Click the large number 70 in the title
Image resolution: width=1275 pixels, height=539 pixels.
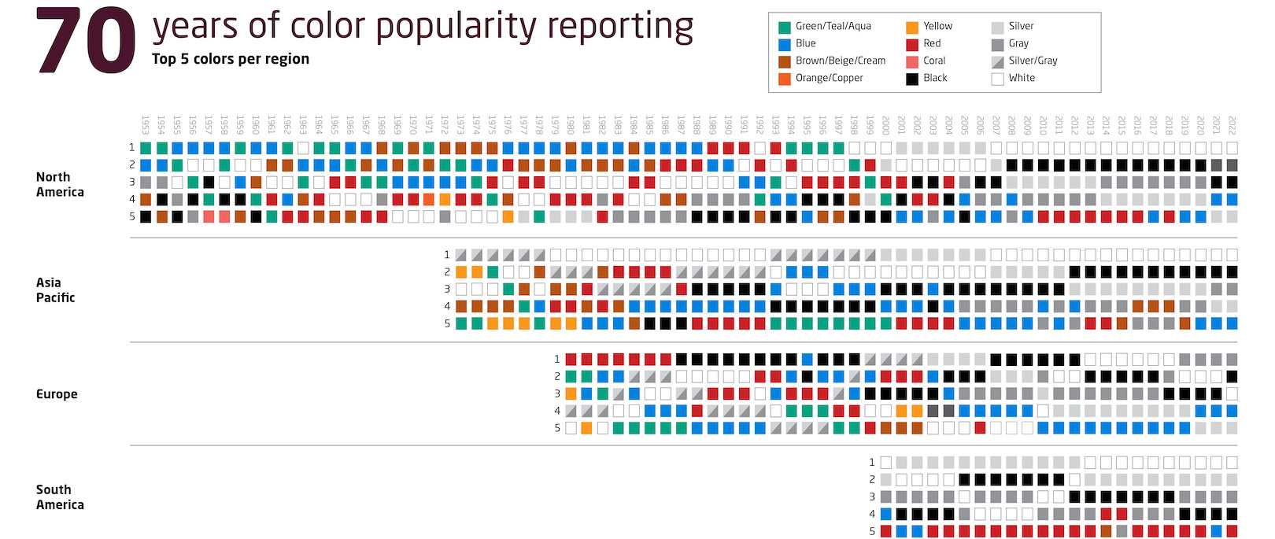pyautogui.click(x=85, y=42)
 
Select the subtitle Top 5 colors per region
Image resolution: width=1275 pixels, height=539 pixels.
pyautogui.click(x=230, y=59)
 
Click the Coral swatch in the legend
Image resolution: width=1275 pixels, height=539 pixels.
pyautogui.click(x=912, y=61)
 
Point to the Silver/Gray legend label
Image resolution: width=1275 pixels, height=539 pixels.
pyautogui.click(x=1033, y=61)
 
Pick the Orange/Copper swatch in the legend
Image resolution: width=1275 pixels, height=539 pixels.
pyautogui.click(x=784, y=79)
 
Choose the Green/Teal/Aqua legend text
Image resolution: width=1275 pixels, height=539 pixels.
pyautogui.click(x=833, y=26)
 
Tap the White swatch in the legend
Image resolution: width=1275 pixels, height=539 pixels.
pyautogui.click(x=997, y=79)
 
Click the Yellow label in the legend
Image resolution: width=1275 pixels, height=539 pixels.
pyautogui.click(x=937, y=26)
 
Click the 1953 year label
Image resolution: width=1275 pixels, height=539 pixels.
pyautogui.click(x=146, y=125)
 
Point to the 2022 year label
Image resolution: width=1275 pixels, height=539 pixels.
pyautogui.click(x=1232, y=125)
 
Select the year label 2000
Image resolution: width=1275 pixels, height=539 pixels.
pyautogui.click(x=885, y=125)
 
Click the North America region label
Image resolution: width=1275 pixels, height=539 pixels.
pyautogui.click(x=60, y=184)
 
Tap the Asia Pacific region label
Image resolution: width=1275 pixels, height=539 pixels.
pyautogui.click(x=55, y=290)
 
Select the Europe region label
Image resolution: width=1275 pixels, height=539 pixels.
pyautogui.click(x=57, y=394)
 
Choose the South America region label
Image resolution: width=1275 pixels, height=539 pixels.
pyautogui.click(x=60, y=497)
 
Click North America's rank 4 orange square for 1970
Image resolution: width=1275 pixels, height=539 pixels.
pyautogui.click(x=429, y=200)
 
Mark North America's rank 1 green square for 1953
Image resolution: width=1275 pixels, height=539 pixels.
pyautogui.click(x=146, y=148)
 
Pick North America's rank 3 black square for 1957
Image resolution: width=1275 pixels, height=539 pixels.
pyautogui.click(x=209, y=183)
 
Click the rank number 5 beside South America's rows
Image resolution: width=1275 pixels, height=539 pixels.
pyautogui.click(x=872, y=532)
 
